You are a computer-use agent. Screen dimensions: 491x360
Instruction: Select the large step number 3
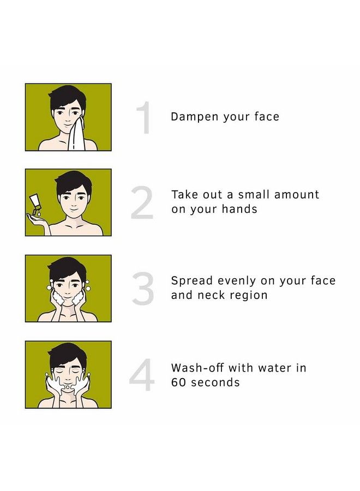tap(143, 290)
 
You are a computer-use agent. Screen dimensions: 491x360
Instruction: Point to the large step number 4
tap(142, 375)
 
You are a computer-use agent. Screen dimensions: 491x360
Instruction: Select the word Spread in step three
tap(191, 282)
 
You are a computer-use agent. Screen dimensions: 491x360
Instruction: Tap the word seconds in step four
tap(215, 382)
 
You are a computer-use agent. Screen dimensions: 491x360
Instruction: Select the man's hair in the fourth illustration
tap(68, 353)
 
